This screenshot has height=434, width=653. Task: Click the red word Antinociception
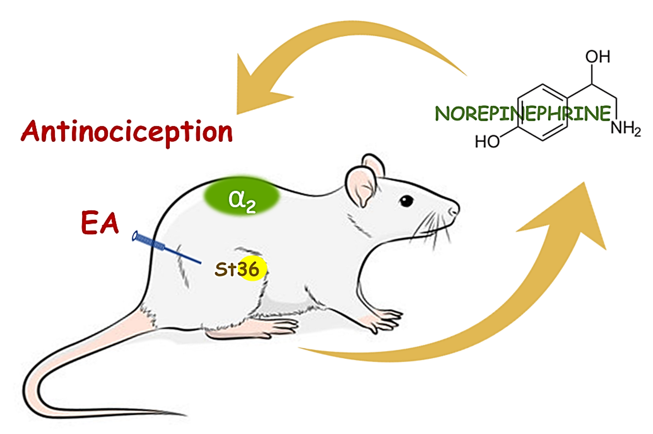pyautogui.click(x=126, y=131)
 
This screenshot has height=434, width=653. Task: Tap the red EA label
pyautogui.click(x=100, y=223)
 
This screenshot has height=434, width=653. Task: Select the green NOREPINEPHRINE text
pyautogui.click(x=522, y=114)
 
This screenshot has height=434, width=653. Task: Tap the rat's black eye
pyautogui.click(x=406, y=200)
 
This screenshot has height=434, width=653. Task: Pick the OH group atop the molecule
pyautogui.click(x=597, y=56)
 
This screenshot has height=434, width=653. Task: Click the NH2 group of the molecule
pyautogui.click(x=625, y=128)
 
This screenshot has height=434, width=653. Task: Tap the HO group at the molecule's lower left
pyautogui.click(x=487, y=141)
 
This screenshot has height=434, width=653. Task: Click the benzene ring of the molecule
pyautogui.click(x=543, y=113)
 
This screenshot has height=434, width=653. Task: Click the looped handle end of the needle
pyautogui.click(x=136, y=236)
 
